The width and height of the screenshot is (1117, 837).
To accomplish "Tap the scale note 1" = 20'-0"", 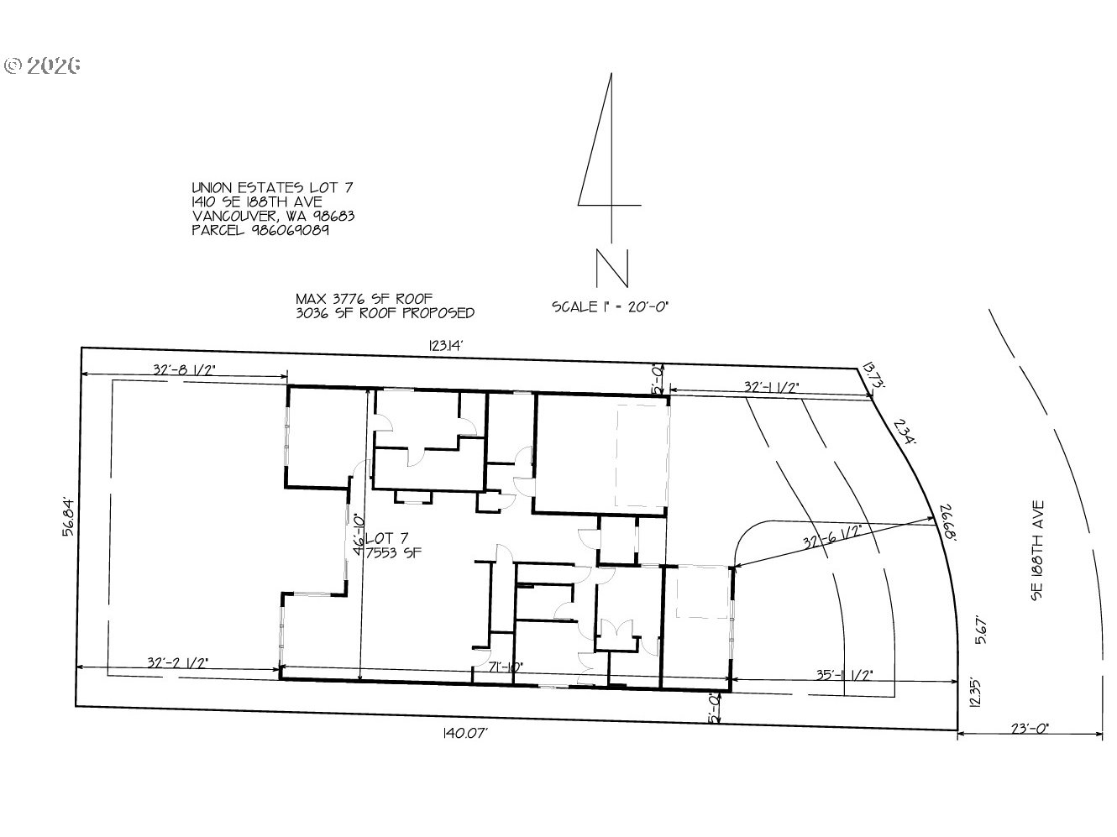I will (610, 306).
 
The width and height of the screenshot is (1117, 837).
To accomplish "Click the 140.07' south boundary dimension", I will (464, 733).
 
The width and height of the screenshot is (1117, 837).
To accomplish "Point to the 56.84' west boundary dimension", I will (69, 517).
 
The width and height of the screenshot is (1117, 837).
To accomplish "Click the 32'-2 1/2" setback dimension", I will (177, 662).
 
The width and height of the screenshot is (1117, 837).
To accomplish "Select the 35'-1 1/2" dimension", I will (844, 673).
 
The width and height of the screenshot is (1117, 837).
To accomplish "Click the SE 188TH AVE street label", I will (1038, 551).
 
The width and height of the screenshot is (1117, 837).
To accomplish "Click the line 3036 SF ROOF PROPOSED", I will (385, 313).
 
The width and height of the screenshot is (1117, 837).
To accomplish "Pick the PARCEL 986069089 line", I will (260, 230).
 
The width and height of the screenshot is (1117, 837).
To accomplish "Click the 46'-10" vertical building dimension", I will (359, 535).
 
